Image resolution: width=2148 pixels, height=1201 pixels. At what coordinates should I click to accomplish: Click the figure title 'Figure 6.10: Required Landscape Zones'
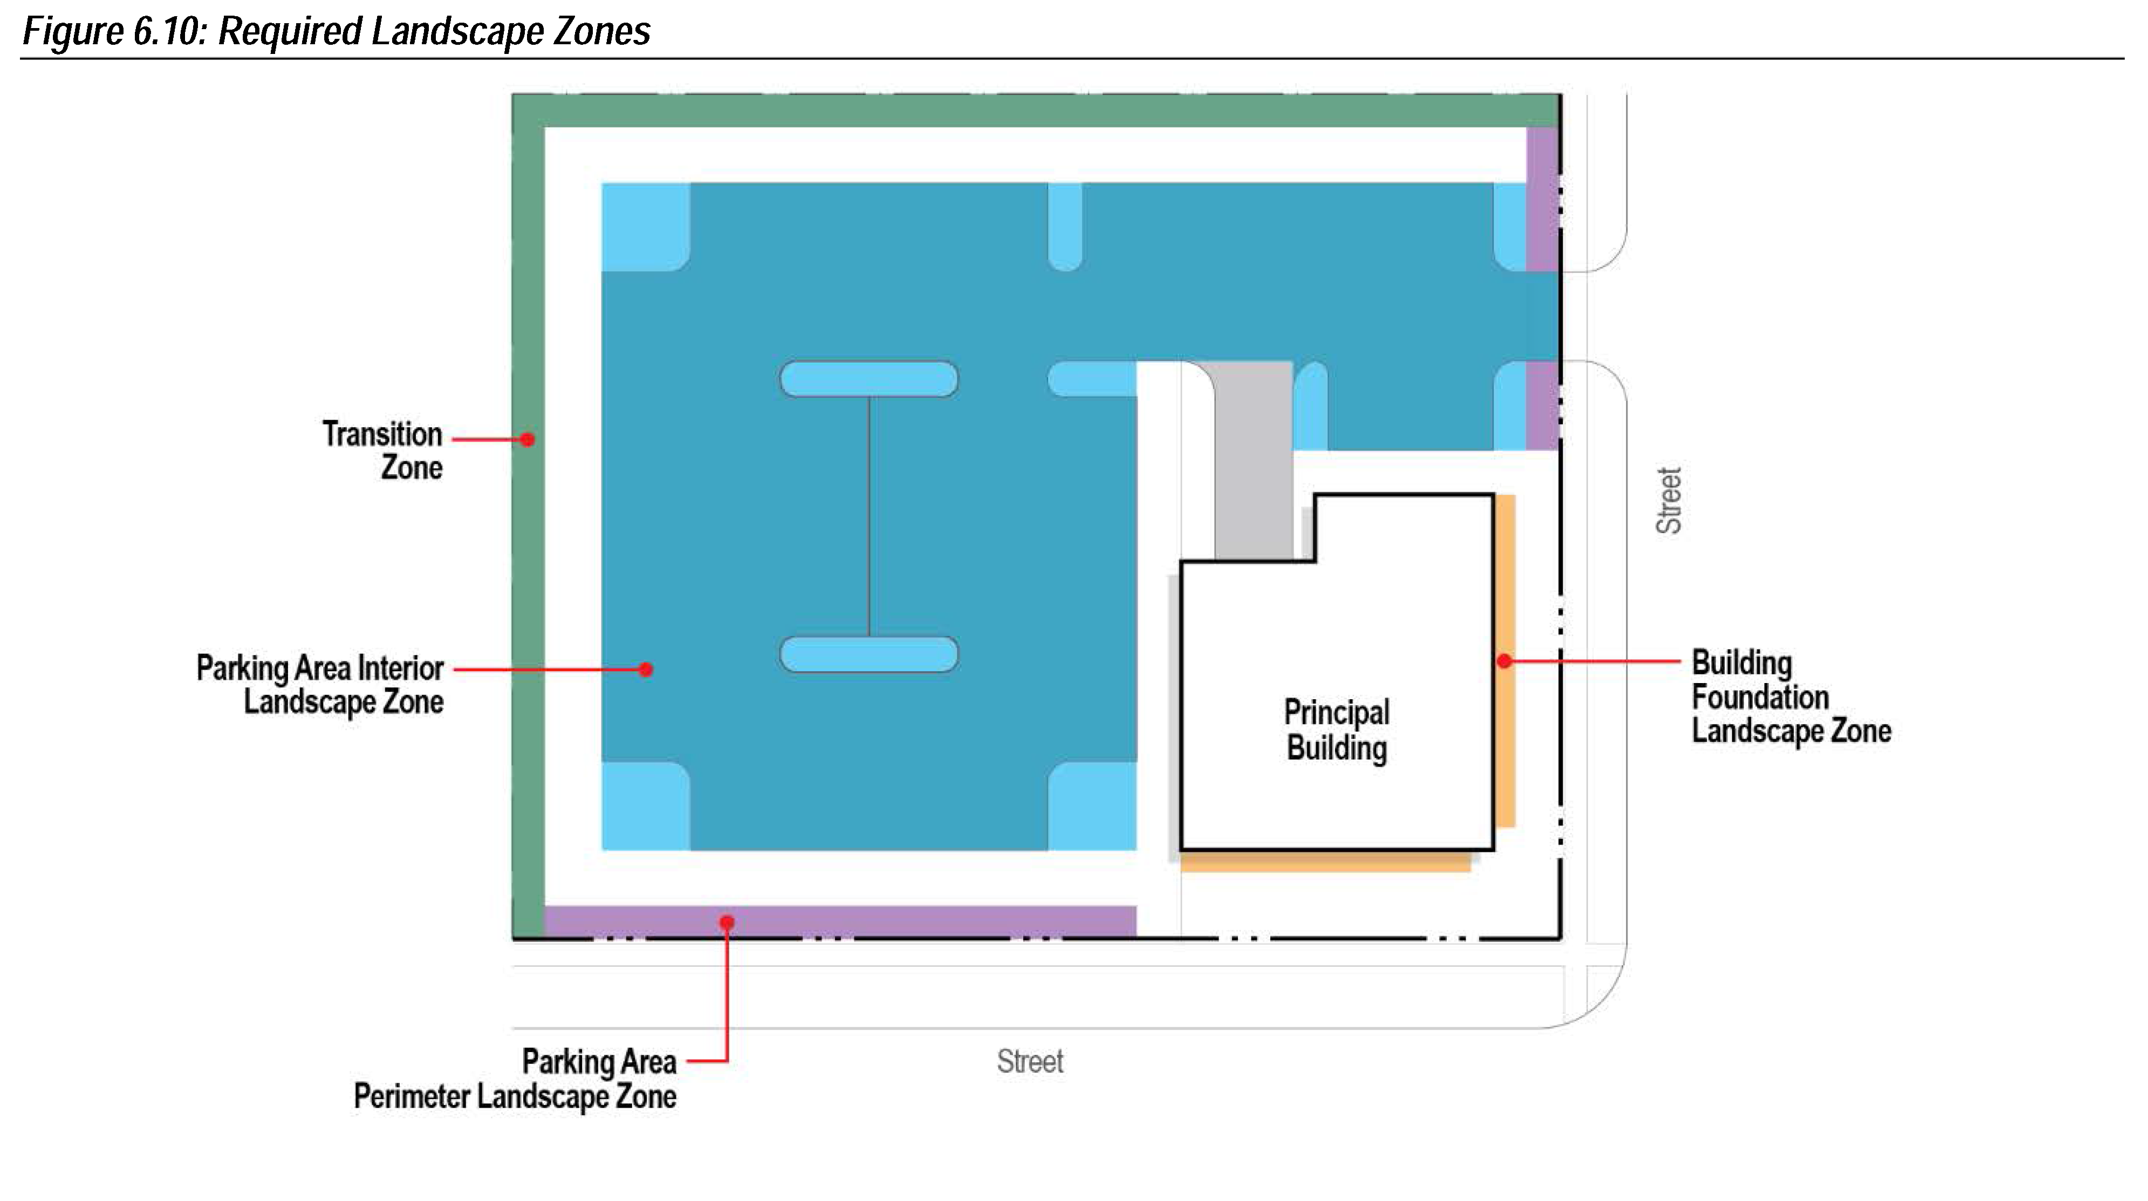(x=336, y=32)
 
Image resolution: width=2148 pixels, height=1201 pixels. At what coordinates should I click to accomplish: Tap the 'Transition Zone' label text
(x=383, y=451)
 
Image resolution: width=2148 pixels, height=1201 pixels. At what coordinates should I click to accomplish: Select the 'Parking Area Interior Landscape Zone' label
(x=320, y=685)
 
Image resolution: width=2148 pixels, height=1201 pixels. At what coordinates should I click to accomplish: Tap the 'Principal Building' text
(x=1337, y=730)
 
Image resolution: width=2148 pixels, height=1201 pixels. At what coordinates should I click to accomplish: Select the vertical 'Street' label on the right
(x=1668, y=501)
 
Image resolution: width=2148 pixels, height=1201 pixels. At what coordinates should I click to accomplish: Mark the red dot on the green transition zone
(x=527, y=440)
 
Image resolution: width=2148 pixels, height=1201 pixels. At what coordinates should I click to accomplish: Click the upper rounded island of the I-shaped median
(x=869, y=379)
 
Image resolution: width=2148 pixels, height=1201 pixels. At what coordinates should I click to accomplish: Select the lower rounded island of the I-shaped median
(x=869, y=654)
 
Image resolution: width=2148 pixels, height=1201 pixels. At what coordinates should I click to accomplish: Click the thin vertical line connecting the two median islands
(x=870, y=517)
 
